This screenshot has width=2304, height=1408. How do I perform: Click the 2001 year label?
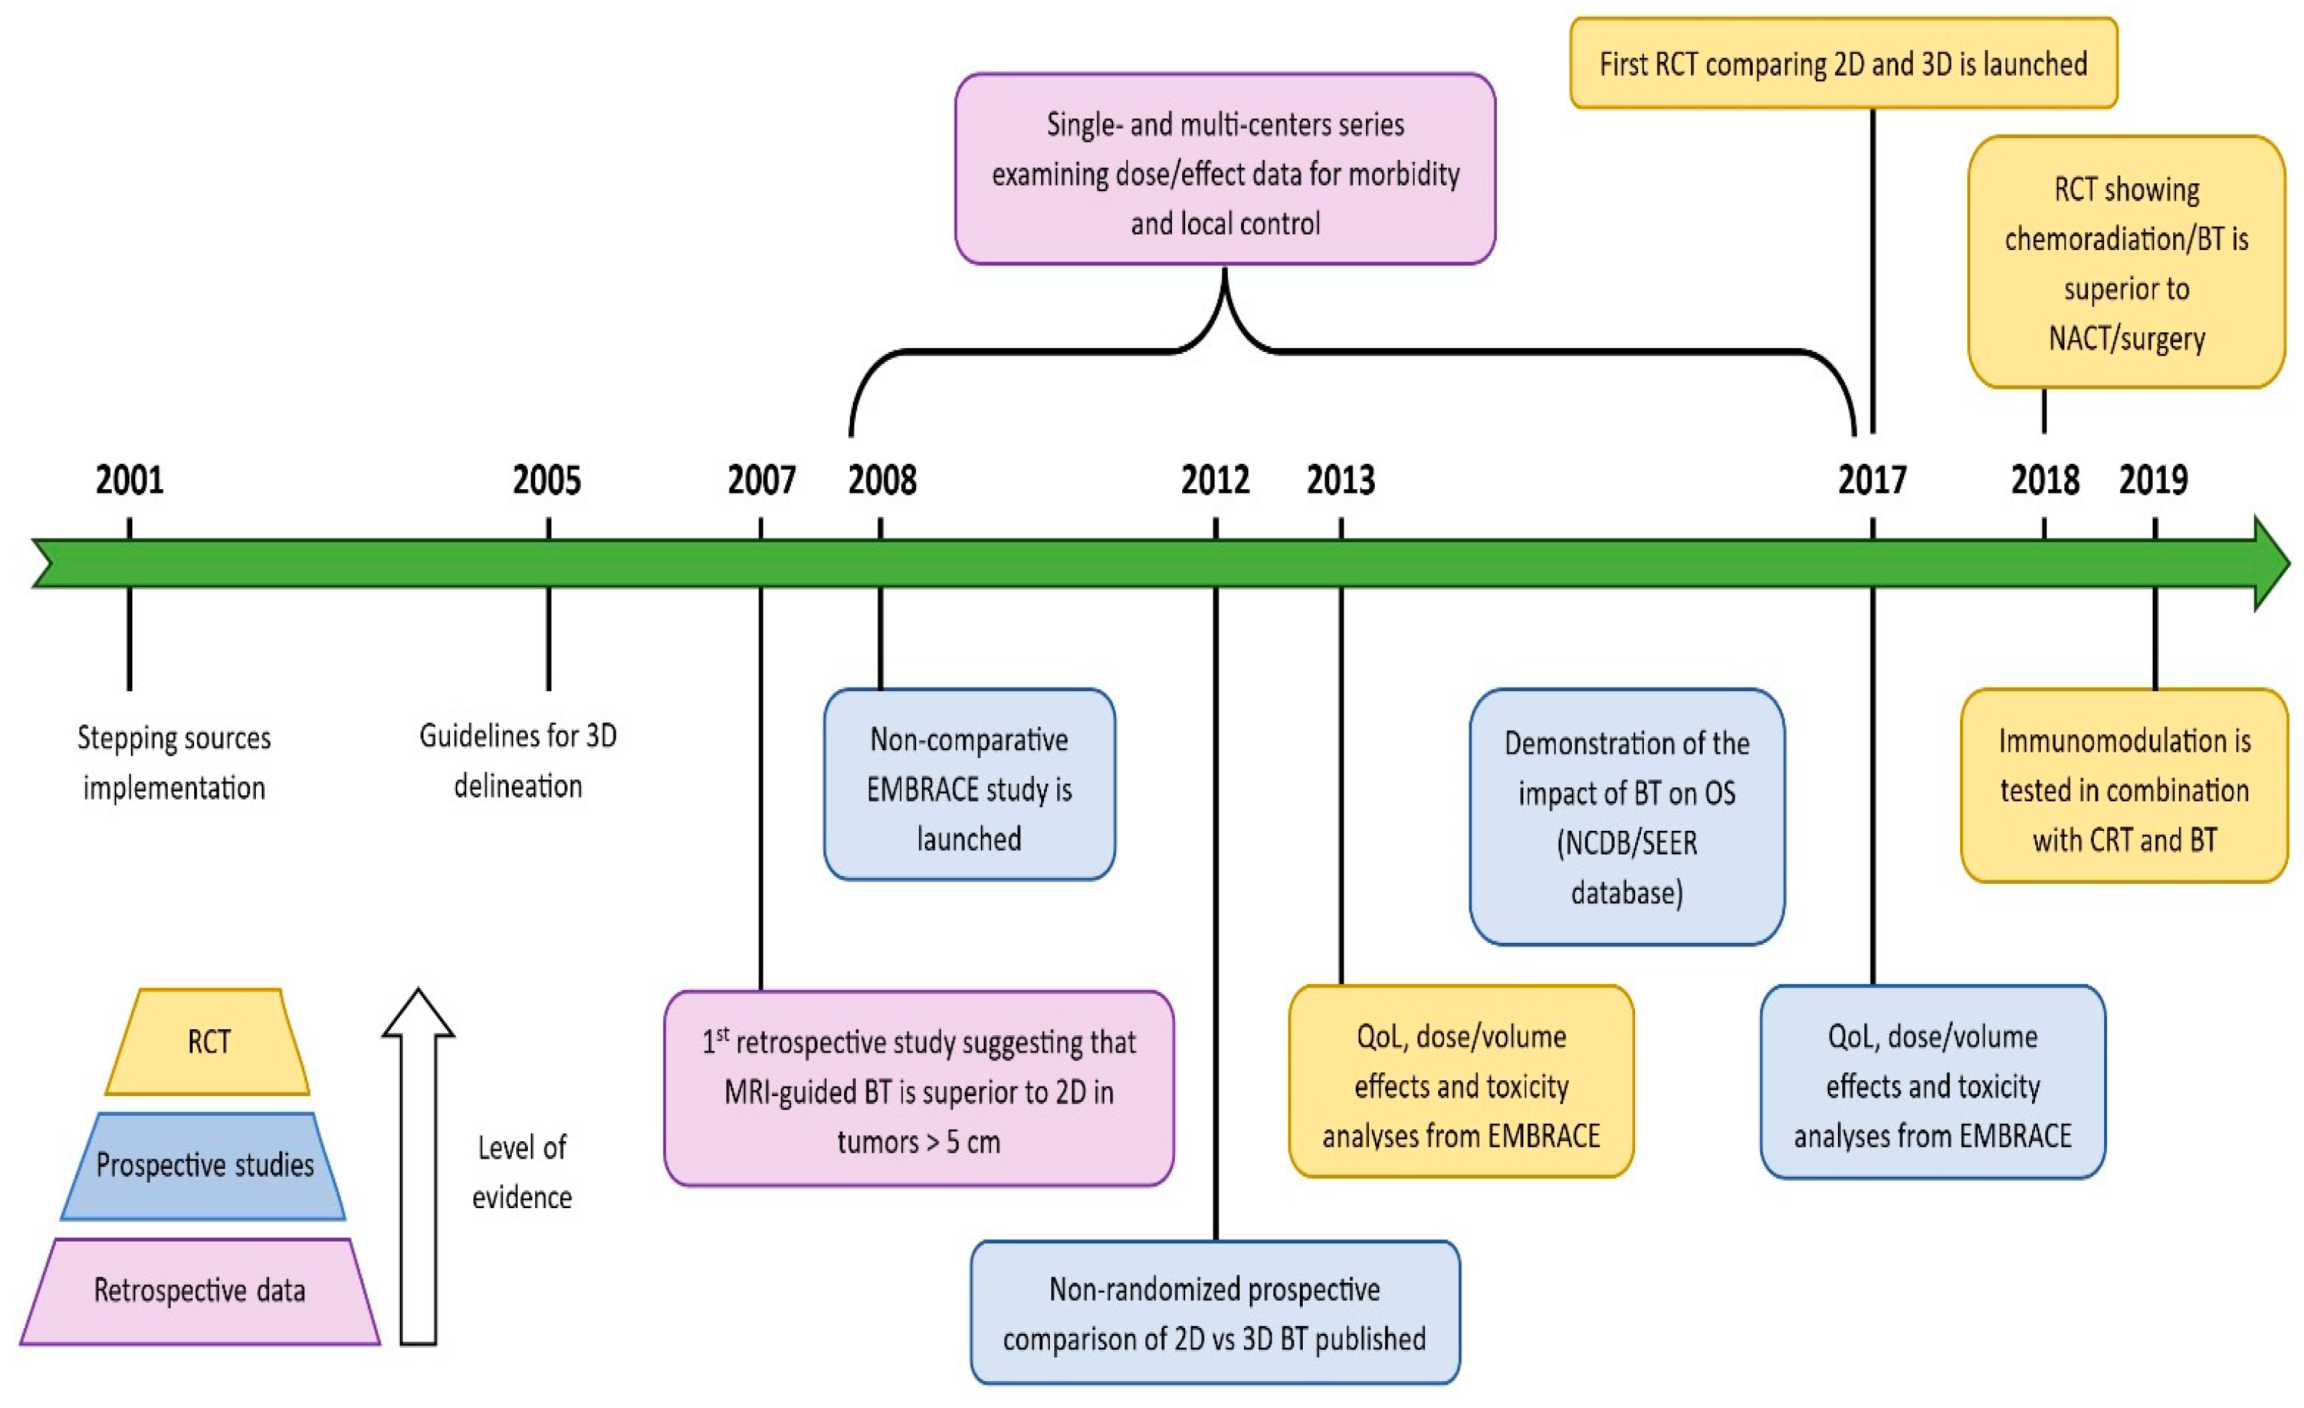130,480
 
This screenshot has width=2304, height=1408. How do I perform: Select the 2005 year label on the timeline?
547,480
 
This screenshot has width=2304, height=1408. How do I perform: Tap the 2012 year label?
1215,480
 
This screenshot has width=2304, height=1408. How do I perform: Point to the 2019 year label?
2154,480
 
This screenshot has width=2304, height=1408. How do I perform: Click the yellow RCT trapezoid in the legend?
208,1042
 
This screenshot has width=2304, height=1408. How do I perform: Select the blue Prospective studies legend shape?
204,1166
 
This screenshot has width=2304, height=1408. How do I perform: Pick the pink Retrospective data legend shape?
200,1291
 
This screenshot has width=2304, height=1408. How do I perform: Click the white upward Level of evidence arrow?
418,1169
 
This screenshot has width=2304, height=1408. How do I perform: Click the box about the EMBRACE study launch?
968,785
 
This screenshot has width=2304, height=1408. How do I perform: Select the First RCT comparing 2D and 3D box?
1843,63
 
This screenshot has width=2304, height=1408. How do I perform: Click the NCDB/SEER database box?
1626,817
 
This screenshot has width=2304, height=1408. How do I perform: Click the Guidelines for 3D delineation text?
518,760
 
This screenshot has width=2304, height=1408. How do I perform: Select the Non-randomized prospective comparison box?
1215,1313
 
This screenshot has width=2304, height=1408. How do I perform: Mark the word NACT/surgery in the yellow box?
2127,339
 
